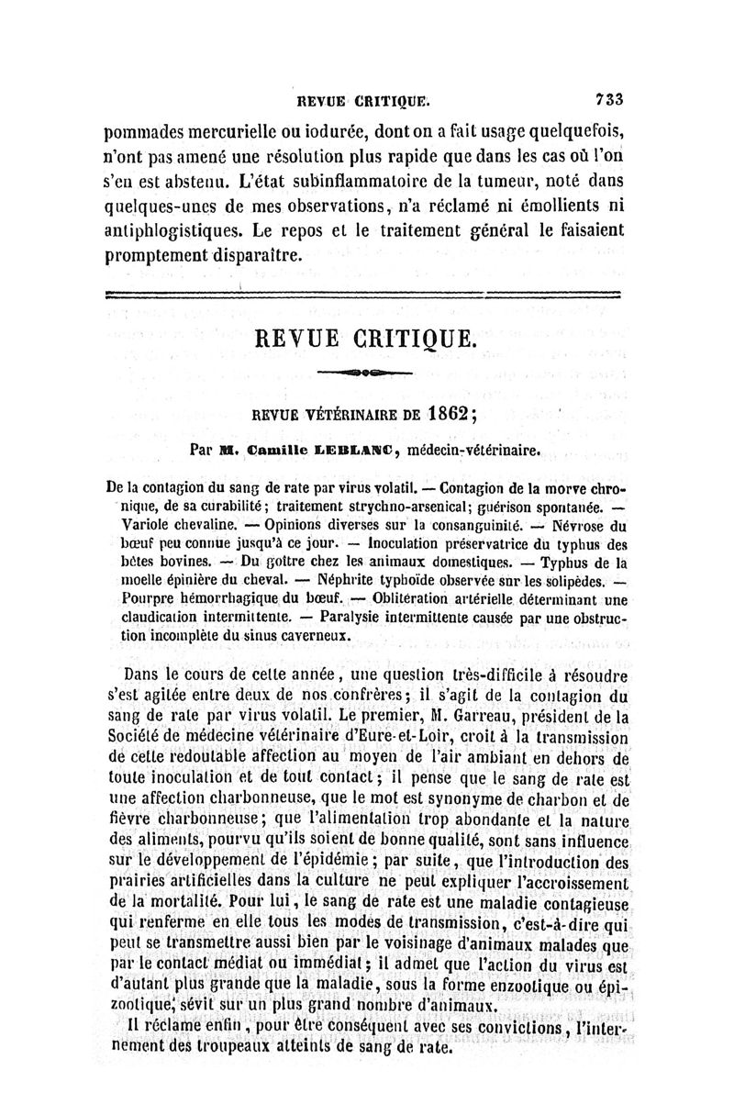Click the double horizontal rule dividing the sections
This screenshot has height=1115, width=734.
click(363, 294)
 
